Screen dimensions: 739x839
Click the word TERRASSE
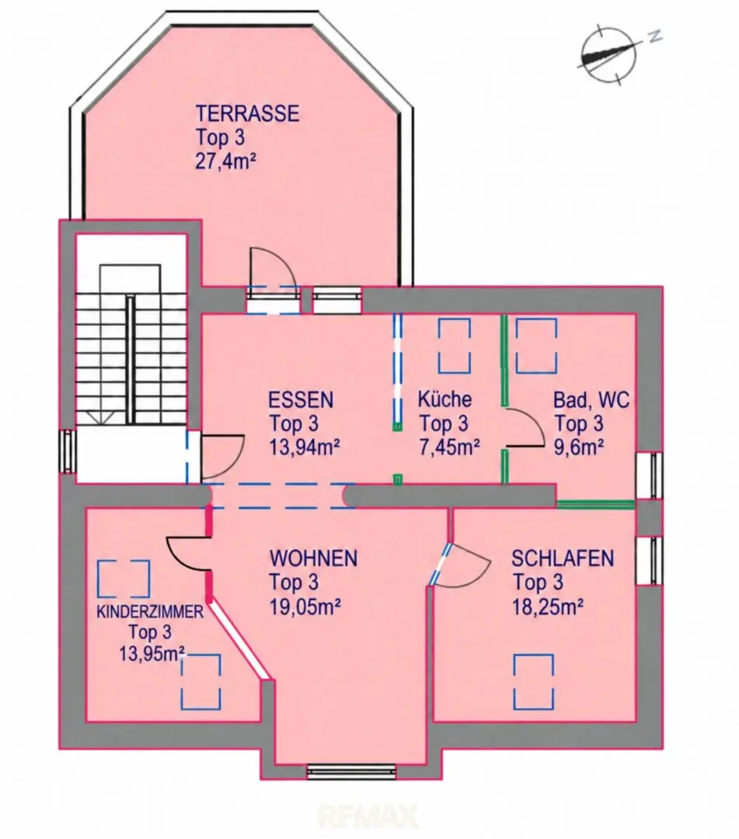(x=247, y=113)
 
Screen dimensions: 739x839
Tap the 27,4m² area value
(x=222, y=161)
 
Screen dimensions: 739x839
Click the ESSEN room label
(x=301, y=400)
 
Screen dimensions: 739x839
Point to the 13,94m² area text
(x=305, y=447)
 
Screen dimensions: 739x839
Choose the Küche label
(x=444, y=399)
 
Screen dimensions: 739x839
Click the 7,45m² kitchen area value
(x=449, y=447)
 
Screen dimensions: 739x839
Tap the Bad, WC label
(x=591, y=400)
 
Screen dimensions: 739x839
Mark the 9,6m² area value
(x=579, y=447)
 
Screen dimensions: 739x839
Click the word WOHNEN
(x=314, y=558)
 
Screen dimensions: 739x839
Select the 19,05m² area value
(x=305, y=606)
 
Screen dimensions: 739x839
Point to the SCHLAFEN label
(x=563, y=558)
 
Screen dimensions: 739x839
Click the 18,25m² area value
(x=548, y=606)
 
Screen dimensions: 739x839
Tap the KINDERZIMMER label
(x=150, y=612)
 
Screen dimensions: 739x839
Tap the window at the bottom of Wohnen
(x=351, y=771)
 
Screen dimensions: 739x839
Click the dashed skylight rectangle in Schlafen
(x=534, y=682)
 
